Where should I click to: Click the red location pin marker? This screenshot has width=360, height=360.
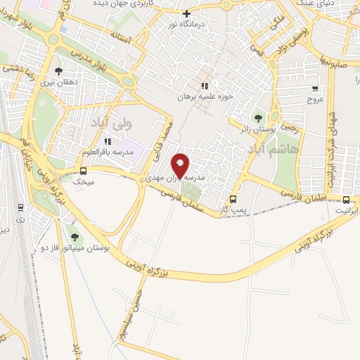181,166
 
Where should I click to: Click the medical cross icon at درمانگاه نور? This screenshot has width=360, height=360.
186,13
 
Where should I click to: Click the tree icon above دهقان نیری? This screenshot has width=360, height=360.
58,70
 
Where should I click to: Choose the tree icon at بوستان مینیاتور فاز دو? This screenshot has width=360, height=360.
75,237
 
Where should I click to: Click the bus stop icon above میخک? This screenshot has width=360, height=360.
84,171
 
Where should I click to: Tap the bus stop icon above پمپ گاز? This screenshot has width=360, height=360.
233,198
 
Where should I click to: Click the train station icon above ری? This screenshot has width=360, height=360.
21,207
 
